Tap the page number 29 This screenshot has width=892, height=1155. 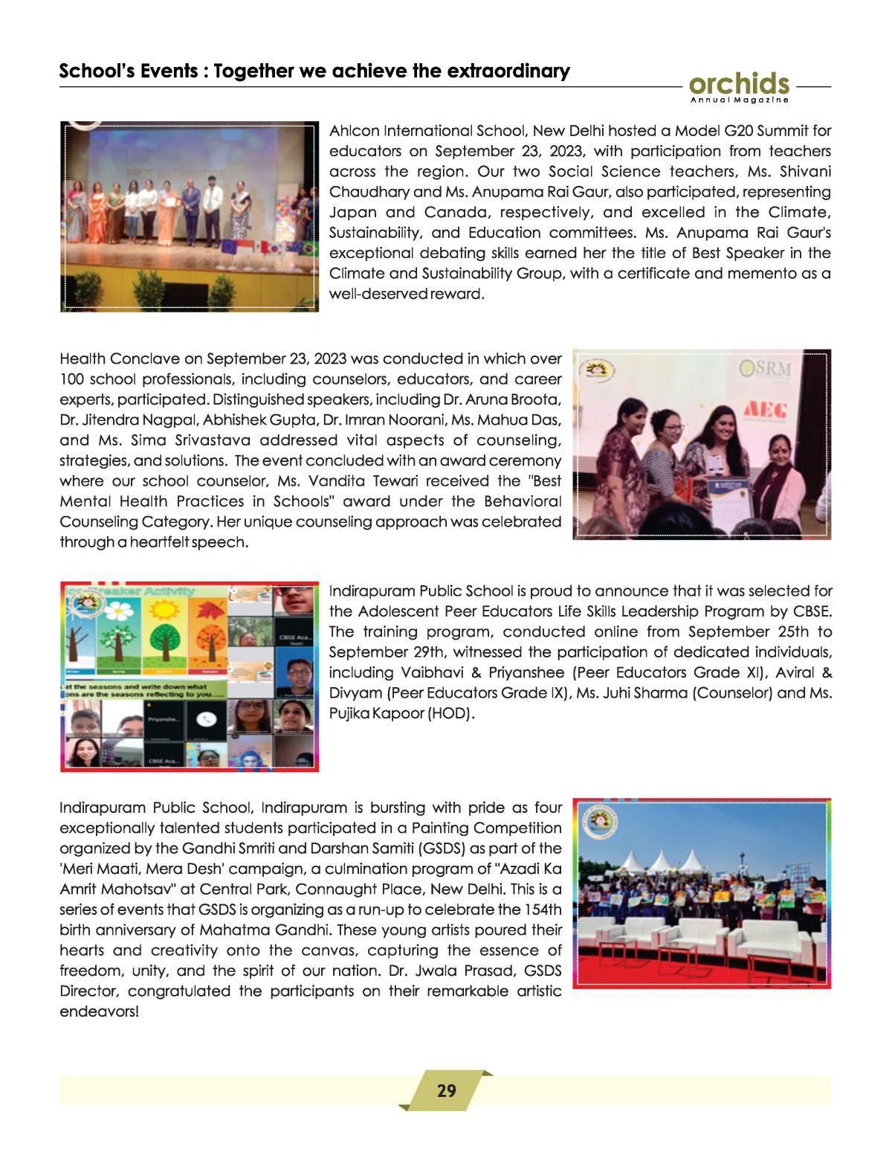[x=446, y=1091]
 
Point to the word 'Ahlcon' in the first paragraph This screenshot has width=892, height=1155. [x=354, y=131]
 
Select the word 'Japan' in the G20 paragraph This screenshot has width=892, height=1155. [x=353, y=213]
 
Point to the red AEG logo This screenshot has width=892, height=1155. [x=765, y=408]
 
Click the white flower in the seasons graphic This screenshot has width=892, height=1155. [x=117, y=611]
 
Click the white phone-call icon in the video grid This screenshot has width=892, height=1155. [x=206, y=719]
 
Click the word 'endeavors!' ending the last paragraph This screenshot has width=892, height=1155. [x=99, y=1011]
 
